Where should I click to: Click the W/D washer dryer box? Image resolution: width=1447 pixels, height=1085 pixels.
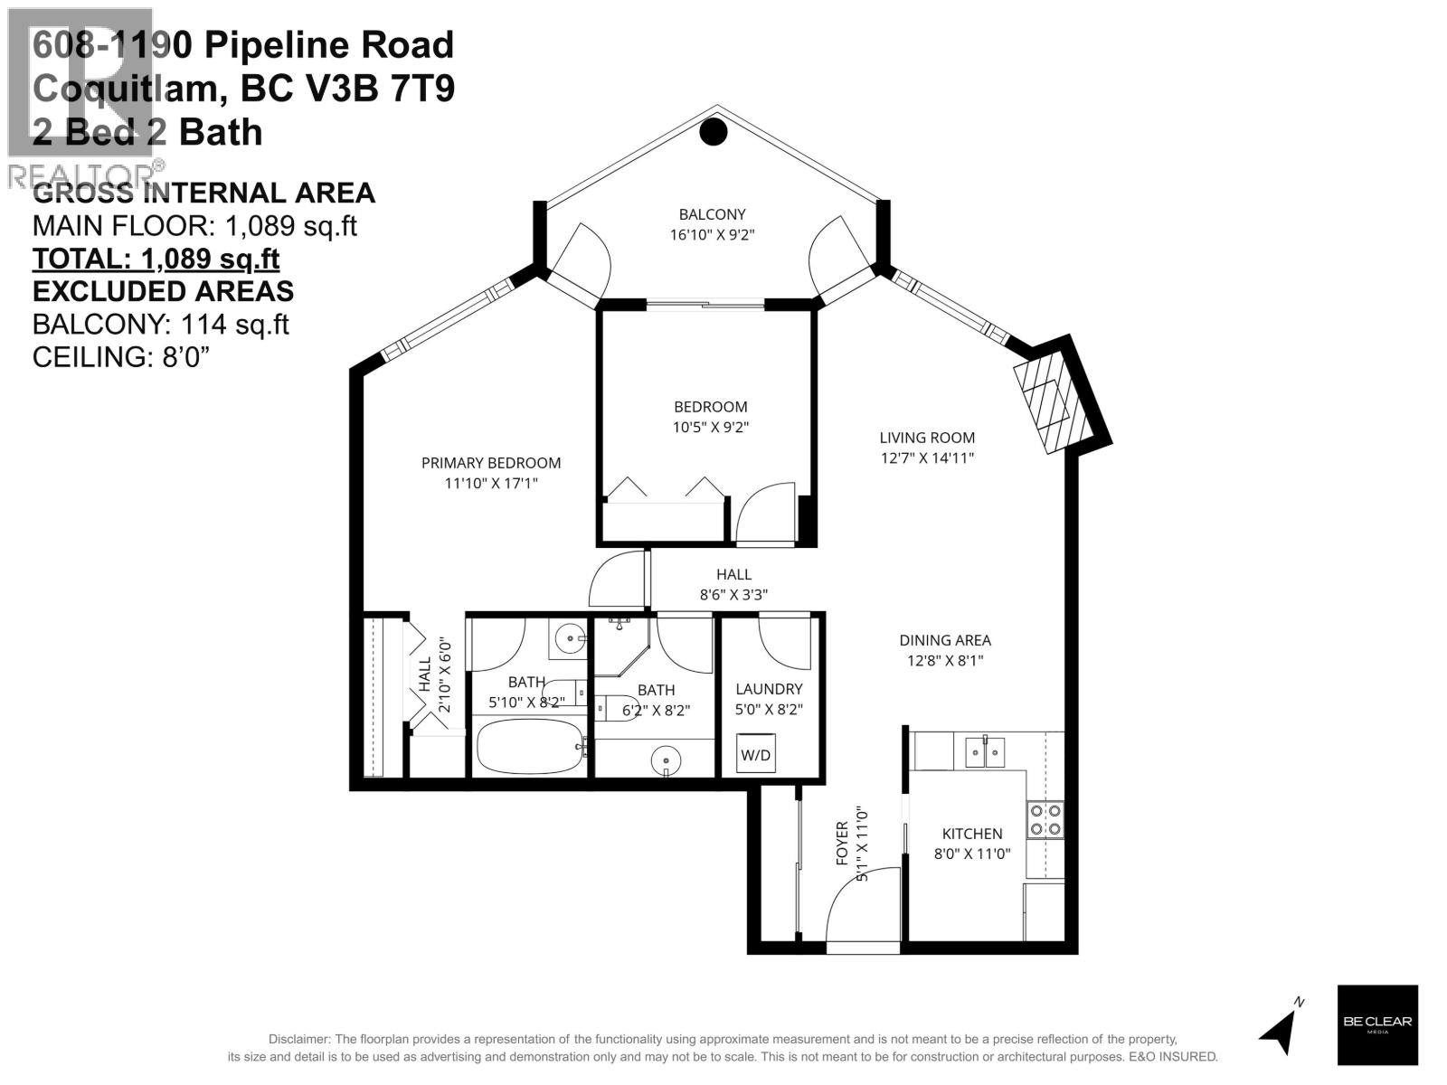[x=755, y=753]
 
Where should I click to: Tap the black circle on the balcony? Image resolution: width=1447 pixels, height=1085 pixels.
[x=714, y=132]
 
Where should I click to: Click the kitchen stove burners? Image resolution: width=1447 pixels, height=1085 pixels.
[x=1045, y=820]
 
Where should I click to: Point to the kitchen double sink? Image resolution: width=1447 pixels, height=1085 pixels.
[x=985, y=751]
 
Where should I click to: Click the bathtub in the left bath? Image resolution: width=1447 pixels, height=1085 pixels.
[x=530, y=747]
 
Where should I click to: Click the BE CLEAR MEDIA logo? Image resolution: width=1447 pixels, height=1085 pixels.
[x=1377, y=1024]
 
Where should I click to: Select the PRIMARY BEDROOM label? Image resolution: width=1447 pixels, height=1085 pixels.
[x=491, y=463]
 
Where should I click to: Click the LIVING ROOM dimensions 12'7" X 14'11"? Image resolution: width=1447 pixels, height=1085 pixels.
[x=927, y=458]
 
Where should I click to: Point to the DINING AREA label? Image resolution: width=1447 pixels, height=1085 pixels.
[x=945, y=639]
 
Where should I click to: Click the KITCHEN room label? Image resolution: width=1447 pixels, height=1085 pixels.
[x=971, y=834]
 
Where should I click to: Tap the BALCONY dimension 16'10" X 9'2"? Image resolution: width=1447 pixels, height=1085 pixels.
[x=712, y=234]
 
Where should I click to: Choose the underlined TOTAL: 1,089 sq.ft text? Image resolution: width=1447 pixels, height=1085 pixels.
[x=156, y=259]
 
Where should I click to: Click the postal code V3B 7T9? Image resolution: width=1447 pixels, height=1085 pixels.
[x=347, y=89]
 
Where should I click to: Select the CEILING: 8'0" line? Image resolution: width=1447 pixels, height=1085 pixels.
[x=121, y=357]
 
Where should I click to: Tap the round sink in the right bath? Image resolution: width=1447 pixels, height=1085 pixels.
[x=666, y=760]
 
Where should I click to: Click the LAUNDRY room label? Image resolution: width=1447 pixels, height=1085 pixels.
[x=769, y=689]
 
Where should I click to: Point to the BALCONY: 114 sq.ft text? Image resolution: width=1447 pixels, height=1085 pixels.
[x=161, y=324]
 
